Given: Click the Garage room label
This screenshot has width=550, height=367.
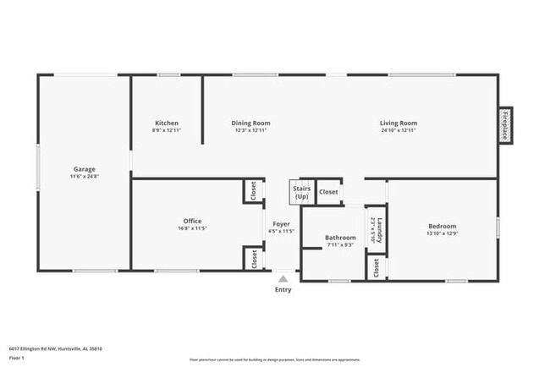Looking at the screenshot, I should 83,169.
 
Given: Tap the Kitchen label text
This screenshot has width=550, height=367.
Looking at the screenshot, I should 166,123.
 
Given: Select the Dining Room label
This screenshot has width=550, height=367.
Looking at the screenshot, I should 250,123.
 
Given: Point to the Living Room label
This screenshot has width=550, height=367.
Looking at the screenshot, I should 398,123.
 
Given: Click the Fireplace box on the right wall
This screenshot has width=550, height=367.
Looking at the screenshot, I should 505,125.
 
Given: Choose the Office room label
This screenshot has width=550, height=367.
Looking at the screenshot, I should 192,222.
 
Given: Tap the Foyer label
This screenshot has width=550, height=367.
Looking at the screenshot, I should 281,224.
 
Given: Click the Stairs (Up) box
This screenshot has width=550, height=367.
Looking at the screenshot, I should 302,193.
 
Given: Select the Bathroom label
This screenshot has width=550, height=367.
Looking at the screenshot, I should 341,238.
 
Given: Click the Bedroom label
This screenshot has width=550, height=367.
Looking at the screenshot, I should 442,227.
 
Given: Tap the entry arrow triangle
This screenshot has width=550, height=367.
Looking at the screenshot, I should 283,277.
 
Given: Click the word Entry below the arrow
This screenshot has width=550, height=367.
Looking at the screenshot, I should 283,290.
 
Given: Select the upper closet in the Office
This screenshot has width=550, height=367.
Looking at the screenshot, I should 253,192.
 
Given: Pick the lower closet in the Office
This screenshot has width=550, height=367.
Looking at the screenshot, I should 253,259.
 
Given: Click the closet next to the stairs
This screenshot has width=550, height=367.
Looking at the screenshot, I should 328,192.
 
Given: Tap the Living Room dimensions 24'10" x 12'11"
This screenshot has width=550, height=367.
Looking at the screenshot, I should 398,130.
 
